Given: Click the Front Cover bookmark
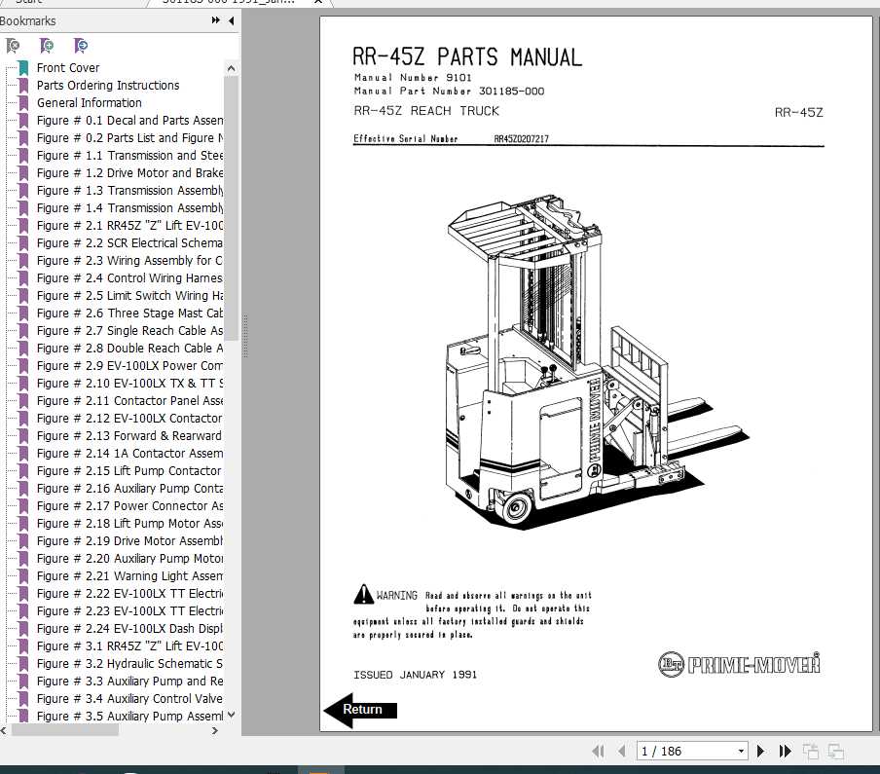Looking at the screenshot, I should click(x=68, y=68).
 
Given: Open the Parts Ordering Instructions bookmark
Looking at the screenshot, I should click(x=108, y=86).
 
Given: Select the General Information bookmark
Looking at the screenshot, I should click(x=90, y=103).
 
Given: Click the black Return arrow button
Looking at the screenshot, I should click(x=359, y=710).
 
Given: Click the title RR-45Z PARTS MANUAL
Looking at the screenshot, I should click(x=467, y=57).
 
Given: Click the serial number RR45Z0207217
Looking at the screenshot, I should click(x=521, y=139).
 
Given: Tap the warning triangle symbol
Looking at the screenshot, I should click(x=363, y=594).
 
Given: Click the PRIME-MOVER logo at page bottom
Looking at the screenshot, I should click(x=739, y=665).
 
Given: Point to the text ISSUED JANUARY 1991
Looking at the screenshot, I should click(x=415, y=675).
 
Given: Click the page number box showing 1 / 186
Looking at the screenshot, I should click(x=691, y=751).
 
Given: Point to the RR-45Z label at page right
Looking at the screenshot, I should click(x=798, y=112).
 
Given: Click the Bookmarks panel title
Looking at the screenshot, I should click(x=28, y=20).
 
